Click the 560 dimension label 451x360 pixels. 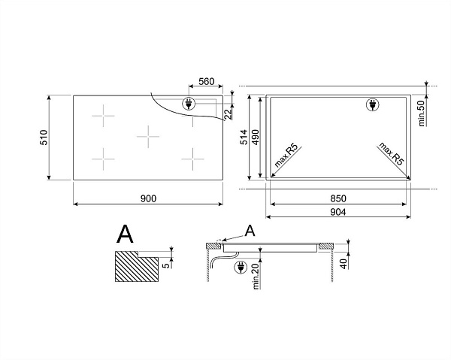click(207, 82)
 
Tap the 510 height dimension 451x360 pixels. click(44, 138)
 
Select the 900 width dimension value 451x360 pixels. click(148, 198)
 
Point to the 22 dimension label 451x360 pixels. click(228, 114)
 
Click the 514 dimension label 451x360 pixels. click(244, 137)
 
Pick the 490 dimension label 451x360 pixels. click(255, 137)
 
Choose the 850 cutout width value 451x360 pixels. click(338, 198)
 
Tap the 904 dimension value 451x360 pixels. click(338, 212)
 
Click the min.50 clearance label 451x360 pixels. click(422, 113)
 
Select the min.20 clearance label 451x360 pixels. click(256, 277)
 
